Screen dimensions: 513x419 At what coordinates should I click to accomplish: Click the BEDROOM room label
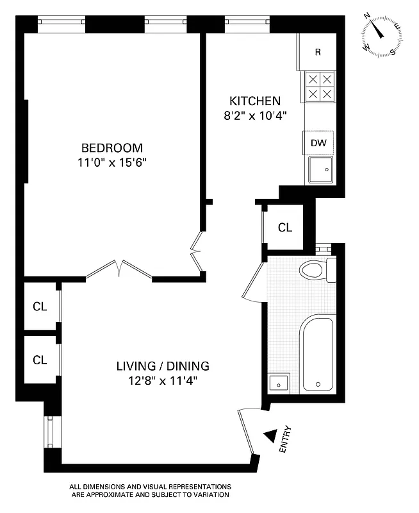tap(111, 147)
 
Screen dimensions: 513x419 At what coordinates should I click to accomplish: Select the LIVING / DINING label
tap(163, 366)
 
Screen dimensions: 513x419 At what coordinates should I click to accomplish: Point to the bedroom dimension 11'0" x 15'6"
tap(111, 162)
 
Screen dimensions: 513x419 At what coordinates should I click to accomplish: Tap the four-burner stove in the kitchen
tap(318, 87)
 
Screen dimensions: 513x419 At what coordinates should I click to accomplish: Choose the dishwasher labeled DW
tap(318, 142)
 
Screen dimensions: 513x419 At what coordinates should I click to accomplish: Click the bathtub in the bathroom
tap(318, 353)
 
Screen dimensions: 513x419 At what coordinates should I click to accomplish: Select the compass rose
tap(382, 35)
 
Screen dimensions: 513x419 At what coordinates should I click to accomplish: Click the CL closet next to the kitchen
tap(285, 227)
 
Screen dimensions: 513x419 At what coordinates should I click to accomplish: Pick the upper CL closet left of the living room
tap(40, 306)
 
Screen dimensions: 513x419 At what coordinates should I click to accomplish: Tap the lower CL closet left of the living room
tap(40, 360)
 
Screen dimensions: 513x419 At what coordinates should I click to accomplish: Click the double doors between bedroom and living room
tap(119, 269)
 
